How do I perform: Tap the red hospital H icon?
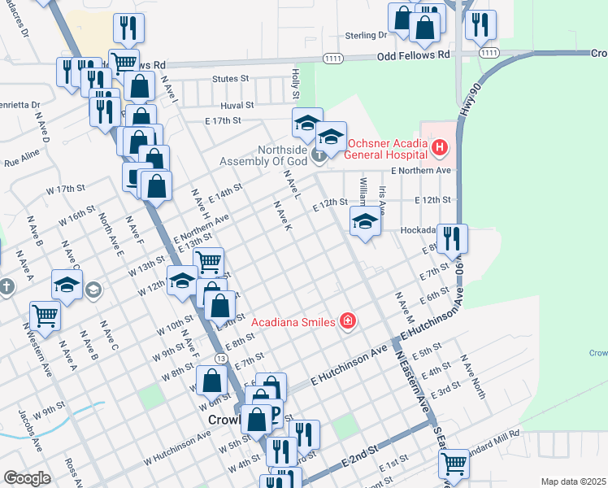point(439,147)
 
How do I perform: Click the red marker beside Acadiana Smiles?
point(348,321)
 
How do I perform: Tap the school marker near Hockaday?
point(365,221)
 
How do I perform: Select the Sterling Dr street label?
point(365,36)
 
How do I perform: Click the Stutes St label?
point(230,79)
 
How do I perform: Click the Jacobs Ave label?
point(28,437)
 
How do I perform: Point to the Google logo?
point(28,478)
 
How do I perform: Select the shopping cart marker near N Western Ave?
point(45,315)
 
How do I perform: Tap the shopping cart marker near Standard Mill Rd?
point(454,464)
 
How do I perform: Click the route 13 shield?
point(220,357)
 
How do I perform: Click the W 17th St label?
point(66,189)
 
